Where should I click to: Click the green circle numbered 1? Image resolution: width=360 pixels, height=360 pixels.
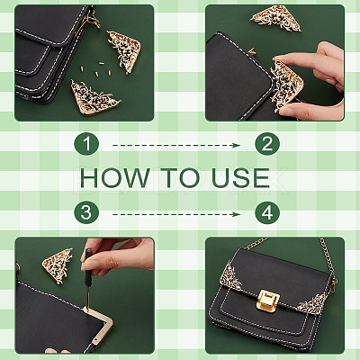(x=86, y=144)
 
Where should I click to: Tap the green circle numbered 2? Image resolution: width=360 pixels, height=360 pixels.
(x=267, y=144)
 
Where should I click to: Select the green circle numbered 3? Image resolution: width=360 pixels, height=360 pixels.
(x=86, y=212)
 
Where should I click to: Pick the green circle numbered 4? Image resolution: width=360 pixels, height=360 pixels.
(x=267, y=212)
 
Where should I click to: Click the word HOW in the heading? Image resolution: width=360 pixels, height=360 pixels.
(x=115, y=178)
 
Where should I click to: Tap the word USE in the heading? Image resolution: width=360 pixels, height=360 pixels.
(x=240, y=178)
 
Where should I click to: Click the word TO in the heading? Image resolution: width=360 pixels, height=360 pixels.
(x=181, y=178)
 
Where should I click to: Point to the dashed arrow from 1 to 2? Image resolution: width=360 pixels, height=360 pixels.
(x=176, y=146)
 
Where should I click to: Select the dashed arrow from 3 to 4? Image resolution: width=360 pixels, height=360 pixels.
(x=176, y=214)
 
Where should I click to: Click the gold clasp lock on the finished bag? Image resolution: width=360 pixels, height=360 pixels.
(x=268, y=301)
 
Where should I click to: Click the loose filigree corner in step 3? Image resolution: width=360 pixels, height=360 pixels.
(x=58, y=265)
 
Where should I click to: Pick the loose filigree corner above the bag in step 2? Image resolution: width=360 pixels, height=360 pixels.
(x=276, y=19)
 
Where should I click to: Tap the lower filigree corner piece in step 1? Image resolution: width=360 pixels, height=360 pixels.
(x=92, y=97)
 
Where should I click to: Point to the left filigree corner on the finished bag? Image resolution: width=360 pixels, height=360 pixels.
(x=230, y=276)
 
